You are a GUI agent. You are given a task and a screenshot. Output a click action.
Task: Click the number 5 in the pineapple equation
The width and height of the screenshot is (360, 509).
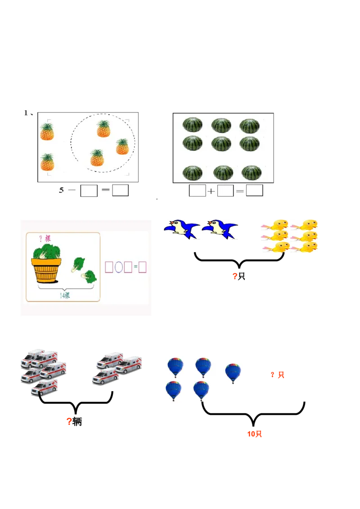click(61, 190)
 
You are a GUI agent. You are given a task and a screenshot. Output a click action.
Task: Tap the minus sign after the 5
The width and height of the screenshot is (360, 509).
click(72, 190)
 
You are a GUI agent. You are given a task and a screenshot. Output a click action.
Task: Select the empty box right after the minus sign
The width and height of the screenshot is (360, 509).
click(89, 191)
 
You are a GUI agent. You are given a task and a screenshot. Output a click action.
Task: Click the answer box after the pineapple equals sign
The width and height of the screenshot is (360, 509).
click(120, 190)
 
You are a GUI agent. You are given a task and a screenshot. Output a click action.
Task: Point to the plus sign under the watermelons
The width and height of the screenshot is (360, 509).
click(211, 191)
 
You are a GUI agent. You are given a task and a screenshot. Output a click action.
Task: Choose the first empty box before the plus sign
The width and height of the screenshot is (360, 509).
click(197, 191)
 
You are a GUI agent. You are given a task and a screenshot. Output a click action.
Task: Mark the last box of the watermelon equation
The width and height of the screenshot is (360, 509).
click(254, 191)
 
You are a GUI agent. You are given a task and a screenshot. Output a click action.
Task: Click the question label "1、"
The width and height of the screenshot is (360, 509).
click(28, 113)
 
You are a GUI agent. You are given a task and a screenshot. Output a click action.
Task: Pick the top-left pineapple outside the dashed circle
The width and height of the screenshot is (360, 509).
click(47, 131)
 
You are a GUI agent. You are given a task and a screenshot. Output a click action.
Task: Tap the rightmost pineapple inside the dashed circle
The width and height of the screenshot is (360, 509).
click(122, 147)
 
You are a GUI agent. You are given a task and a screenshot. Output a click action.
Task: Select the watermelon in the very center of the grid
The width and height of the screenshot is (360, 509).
click(221, 143)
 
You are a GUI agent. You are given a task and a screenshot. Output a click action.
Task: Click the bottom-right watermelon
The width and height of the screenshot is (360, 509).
click(252, 173)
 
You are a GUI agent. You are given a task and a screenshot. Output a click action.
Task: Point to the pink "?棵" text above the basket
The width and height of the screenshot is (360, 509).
click(45, 238)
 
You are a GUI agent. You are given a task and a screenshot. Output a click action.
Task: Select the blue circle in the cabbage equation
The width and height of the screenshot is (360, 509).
click(119, 267)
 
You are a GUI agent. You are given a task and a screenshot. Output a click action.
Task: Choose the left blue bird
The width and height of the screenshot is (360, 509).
click(181, 229)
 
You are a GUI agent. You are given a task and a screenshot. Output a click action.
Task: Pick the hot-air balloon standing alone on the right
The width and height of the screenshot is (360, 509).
click(233, 373)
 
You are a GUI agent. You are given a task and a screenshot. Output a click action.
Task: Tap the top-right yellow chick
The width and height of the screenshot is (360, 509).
click(308, 225)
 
